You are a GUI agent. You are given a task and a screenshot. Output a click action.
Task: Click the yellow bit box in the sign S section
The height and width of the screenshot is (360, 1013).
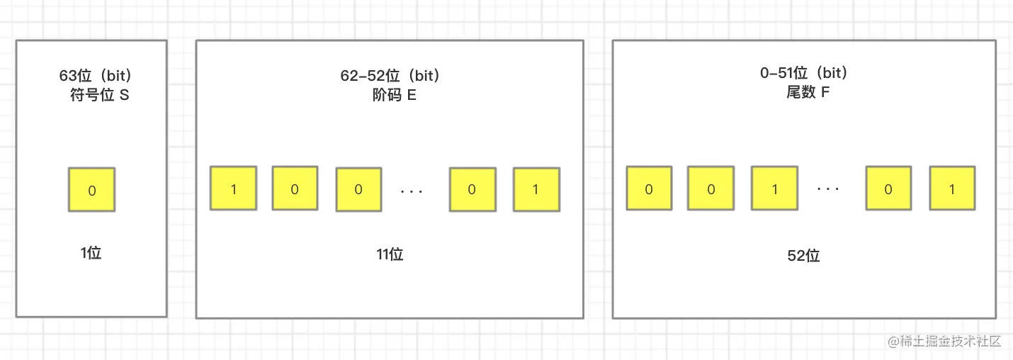click(91, 190)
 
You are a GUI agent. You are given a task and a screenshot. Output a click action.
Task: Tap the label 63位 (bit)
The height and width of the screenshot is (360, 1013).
click(96, 76)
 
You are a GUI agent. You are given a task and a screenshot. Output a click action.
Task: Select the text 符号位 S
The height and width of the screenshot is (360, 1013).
click(99, 95)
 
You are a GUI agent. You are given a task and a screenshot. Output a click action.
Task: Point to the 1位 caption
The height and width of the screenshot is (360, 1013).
click(91, 253)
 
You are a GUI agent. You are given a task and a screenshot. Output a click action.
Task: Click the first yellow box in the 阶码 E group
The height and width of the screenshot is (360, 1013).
click(233, 189)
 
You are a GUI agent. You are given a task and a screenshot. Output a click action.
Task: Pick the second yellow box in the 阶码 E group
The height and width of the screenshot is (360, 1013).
click(295, 189)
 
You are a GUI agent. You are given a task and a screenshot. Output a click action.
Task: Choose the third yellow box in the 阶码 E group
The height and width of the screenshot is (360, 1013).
click(358, 189)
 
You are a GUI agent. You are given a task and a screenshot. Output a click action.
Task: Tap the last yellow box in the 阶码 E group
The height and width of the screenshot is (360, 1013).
click(536, 189)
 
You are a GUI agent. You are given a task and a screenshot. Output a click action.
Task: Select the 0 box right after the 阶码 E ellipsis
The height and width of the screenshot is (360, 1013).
click(472, 189)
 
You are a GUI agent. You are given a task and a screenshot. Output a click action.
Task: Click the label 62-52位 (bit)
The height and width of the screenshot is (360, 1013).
click(390, 76)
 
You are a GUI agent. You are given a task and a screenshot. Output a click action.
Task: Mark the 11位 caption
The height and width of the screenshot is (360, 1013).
click(390, 254)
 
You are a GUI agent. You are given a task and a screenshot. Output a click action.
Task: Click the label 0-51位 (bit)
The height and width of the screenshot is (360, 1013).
click(803, 73)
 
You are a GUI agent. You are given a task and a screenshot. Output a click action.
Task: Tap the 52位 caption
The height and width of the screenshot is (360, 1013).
click(803, 256)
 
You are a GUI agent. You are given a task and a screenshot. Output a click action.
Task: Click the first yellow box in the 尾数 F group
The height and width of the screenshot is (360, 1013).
click(649, 189)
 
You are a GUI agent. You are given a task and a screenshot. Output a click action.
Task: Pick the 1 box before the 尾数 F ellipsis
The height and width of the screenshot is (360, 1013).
click(774, 189)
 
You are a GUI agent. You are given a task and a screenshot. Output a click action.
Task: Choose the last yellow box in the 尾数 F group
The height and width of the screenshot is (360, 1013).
click(952, 189)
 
